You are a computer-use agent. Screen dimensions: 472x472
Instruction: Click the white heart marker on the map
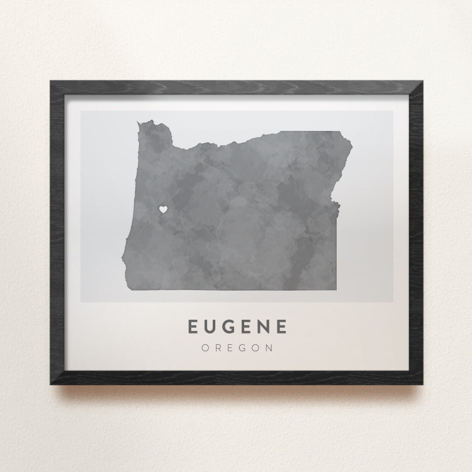click(162, 209)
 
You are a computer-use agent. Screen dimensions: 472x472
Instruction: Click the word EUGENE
click(238, 327)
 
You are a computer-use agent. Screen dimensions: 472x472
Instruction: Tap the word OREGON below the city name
click(238, 347)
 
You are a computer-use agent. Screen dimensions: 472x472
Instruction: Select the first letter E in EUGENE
click(193, 327)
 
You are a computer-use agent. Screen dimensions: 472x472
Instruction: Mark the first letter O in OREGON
click(205, 347)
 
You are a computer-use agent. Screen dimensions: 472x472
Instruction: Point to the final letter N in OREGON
click(270, 347)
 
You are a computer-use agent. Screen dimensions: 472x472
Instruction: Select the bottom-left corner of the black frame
click(51, 383)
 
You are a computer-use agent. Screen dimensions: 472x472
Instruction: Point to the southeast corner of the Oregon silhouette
click(335, 290)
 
